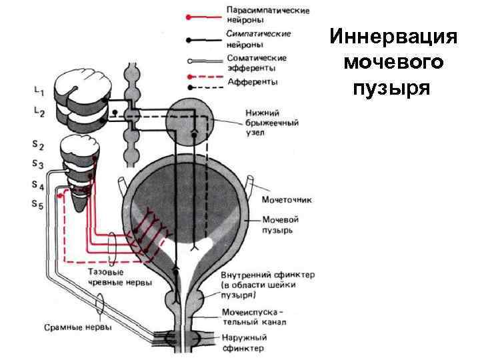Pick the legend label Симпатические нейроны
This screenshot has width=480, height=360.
pyautogui.click(x=257, y=38)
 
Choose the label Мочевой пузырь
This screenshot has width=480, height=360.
pyautogui.click(x=279, y=225)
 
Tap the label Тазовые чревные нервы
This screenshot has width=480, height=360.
pyautogui.click(x=120, y=277)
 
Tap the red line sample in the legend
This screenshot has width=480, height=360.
pyautogui.click(x=203, y=15)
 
